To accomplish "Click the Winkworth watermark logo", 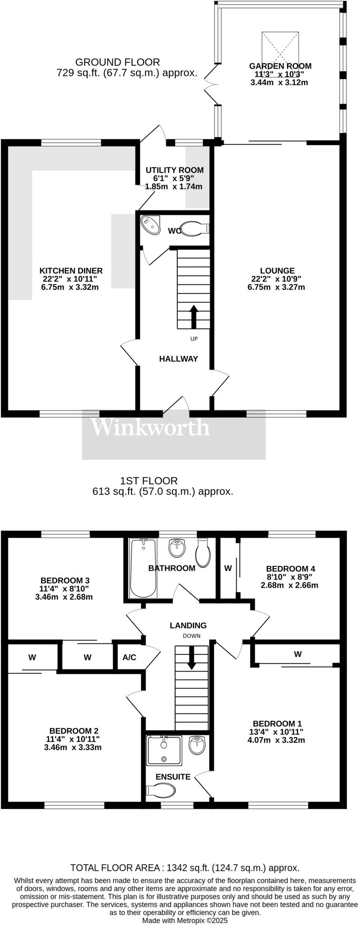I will click(150, 427).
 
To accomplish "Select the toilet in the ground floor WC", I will click(193, 229).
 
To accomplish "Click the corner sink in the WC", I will click(150, 225).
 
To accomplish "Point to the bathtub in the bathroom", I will click(143, 567).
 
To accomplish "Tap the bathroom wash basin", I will click(177, 549).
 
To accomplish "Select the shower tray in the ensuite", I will click(164, 750).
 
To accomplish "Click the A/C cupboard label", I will click(129, 657).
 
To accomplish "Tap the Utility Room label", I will click(174, 170).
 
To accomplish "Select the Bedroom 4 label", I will click(290, 568).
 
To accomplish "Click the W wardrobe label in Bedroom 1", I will click(298, 654).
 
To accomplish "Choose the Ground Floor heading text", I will click(117, 62).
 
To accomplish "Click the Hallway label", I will click(178, 359).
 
